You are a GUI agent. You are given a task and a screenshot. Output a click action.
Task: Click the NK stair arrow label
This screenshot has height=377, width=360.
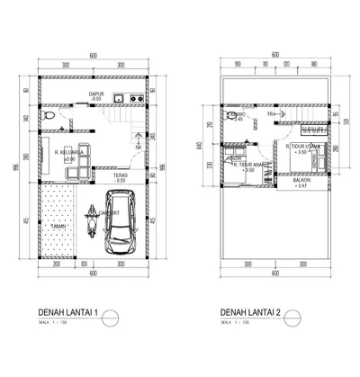pos(138,148)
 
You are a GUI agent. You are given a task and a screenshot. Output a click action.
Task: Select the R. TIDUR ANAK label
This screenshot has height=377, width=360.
pos(248,166)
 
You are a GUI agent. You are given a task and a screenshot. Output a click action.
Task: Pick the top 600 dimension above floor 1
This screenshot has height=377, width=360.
pos(93,56)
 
